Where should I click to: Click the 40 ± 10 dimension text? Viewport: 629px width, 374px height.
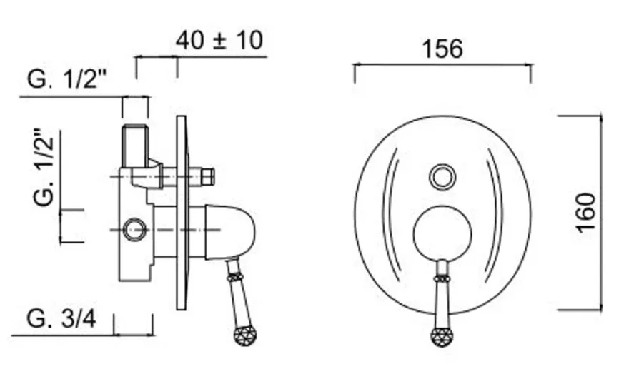(219, 40)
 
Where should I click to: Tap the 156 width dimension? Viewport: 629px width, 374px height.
(442, 49)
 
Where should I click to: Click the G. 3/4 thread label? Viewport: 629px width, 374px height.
(61, 319)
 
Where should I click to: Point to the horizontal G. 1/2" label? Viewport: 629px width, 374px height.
(67, 79)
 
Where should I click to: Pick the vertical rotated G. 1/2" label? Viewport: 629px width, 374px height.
(44, 167)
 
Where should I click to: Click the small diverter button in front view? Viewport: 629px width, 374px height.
(442, 177)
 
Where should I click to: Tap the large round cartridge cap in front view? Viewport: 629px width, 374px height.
(442, 233)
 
